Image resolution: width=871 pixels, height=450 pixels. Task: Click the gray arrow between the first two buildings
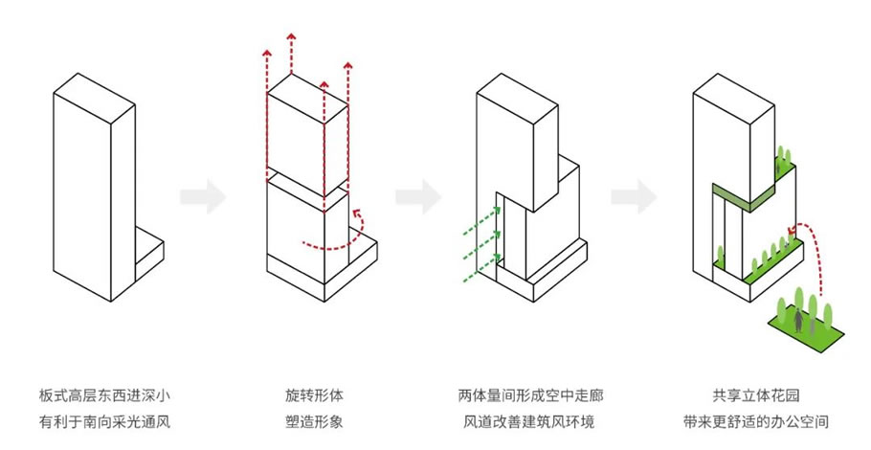coord(203,198)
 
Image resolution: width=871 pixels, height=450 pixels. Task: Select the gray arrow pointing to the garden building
coord(633,198)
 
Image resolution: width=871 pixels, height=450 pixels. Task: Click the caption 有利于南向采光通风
coord(105,419)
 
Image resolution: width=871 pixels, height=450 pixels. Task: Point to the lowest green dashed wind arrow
coord(476,277)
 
